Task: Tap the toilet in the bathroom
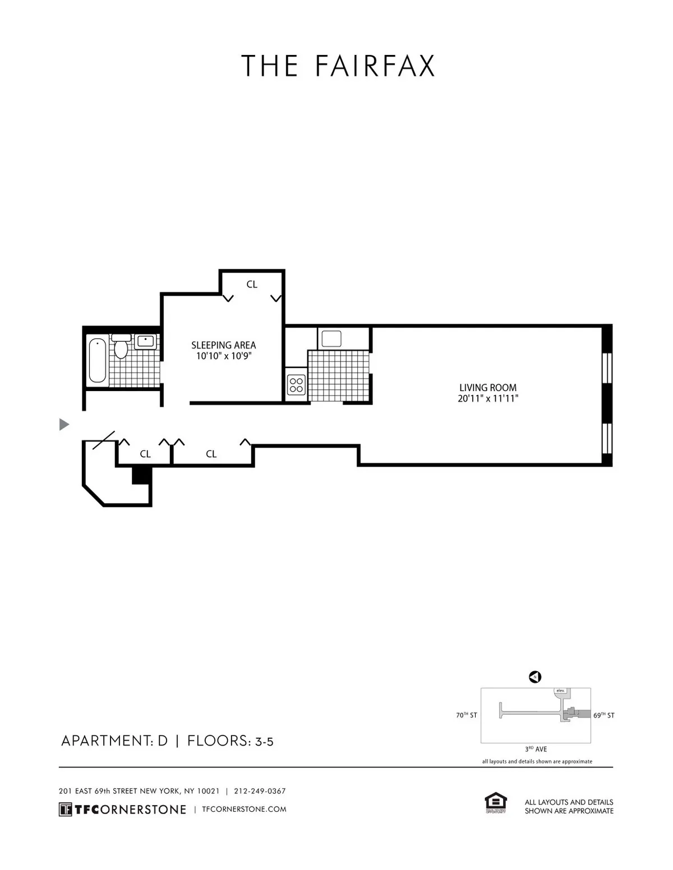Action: coord(121,346)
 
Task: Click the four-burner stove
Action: coord(296,385)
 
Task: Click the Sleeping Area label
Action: coord(223,345)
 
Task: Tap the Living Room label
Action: coord(487,387)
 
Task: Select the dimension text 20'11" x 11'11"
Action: coord(487,399)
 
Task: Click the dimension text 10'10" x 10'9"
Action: coord(223,356)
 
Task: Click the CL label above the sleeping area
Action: coord(252,285)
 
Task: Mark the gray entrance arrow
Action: coord(64,425)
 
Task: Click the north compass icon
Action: coord(534,677)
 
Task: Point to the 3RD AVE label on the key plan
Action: coord(536,749)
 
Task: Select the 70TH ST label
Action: coord(466,715)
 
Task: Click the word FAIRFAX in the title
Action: coord(375,66)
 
